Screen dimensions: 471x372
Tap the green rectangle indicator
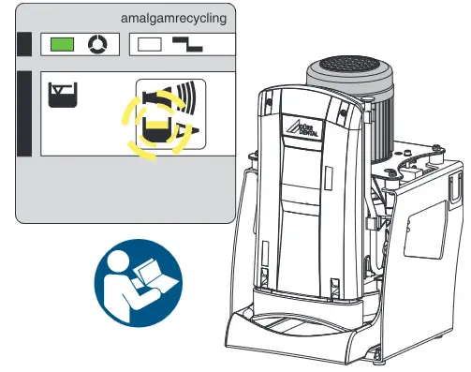point(62,43)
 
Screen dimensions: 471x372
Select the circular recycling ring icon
point(96,44)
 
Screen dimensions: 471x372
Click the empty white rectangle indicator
point(150,43)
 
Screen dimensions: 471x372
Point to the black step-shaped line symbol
point(194,43)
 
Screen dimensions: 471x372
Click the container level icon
point(63,94)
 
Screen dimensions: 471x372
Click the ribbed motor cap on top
point(346,69)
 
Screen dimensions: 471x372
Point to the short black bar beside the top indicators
point(23,43)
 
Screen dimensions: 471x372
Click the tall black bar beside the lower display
point(24,112)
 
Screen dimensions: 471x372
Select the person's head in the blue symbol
point(123,265)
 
